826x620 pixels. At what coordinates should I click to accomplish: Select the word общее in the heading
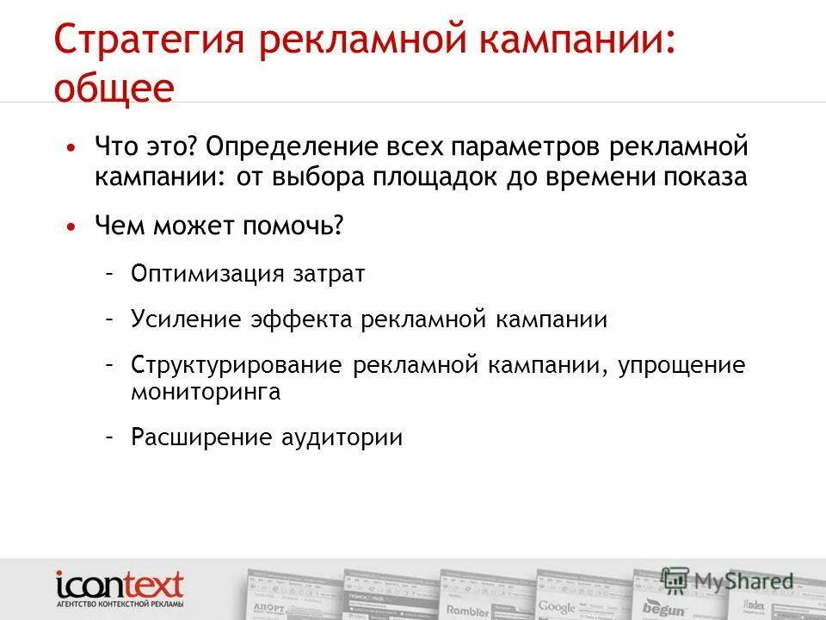pos(114,90)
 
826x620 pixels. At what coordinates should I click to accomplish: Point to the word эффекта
pos(301,319)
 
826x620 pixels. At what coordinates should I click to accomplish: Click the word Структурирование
pos(237,365)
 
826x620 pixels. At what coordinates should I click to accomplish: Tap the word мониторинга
pos(206,393)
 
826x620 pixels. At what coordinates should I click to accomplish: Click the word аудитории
pos(342,437)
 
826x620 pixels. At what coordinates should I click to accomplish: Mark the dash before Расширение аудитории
pos(110,437)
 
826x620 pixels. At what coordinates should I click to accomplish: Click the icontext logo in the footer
pos(120,590)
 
